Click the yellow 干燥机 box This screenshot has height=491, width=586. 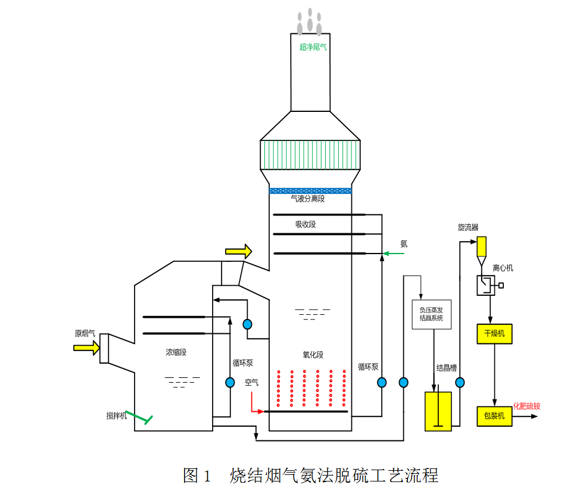(494, 334)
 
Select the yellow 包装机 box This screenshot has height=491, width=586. (494, 415)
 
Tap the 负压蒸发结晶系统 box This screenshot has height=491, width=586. (432, 314)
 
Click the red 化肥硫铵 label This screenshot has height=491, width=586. (526, 406)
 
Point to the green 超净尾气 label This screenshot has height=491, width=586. (313, 46)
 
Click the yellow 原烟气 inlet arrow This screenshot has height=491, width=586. (87, 348)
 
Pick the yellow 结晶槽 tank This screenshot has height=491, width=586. (438, 411)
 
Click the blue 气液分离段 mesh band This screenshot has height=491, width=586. (310, 190)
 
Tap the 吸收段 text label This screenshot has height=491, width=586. (306, 224)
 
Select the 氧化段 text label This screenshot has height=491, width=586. (313, 355)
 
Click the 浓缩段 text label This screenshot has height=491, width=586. (176, 352)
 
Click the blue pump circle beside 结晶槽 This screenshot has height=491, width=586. (460, 383)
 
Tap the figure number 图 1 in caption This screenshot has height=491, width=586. (198, 475)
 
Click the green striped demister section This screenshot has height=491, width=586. (310, 154)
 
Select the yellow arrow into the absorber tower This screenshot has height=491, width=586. (239, 251)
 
